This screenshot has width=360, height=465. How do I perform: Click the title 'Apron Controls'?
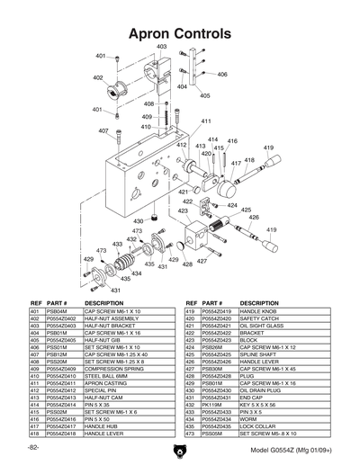click(180, 32)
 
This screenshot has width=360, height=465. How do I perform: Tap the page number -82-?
click(33, 447)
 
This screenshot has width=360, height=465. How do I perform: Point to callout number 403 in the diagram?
click(162, 46)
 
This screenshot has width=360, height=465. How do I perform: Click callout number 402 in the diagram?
click(97, 77)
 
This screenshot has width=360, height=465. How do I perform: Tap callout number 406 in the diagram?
click(221, 75)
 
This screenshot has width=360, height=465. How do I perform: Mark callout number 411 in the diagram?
click(205, 121)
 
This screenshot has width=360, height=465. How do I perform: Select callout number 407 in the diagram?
click(103, 130)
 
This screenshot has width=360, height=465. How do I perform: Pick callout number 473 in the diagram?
click(138, 231)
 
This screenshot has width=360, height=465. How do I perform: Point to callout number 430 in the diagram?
click(138, 220)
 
